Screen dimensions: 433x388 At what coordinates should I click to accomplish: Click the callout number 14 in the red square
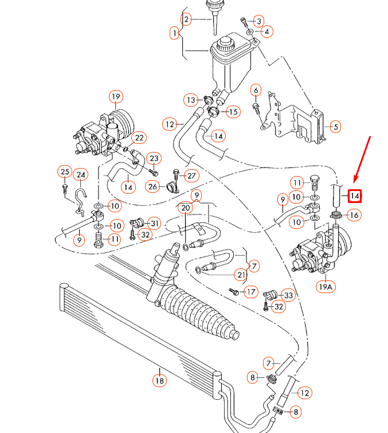click(x=355, y=196)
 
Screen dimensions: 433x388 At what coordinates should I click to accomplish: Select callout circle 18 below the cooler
click(x=159, y=380)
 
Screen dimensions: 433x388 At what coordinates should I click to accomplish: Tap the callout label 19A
click(x=325, y=286)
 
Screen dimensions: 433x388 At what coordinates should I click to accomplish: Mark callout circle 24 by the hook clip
click(x=81, y=175)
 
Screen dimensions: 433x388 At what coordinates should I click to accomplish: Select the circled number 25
click(x=64, y=171)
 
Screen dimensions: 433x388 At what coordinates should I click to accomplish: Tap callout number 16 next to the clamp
click(x=353, y=215)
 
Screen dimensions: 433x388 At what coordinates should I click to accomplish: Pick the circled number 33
click(x=288, y=295)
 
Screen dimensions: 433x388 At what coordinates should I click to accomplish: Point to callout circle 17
click(x=250, y=292)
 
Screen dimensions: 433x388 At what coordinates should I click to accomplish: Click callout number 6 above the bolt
click(x=256, y=90)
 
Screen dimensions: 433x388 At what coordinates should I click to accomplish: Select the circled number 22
click(x=139, y=138)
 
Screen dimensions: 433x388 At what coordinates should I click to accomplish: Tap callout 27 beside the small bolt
click(x=191, y=175)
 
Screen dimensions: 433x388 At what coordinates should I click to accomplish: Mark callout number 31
click(x=154, y=223)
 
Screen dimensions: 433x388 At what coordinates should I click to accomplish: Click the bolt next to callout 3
click(x=246, y=23)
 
